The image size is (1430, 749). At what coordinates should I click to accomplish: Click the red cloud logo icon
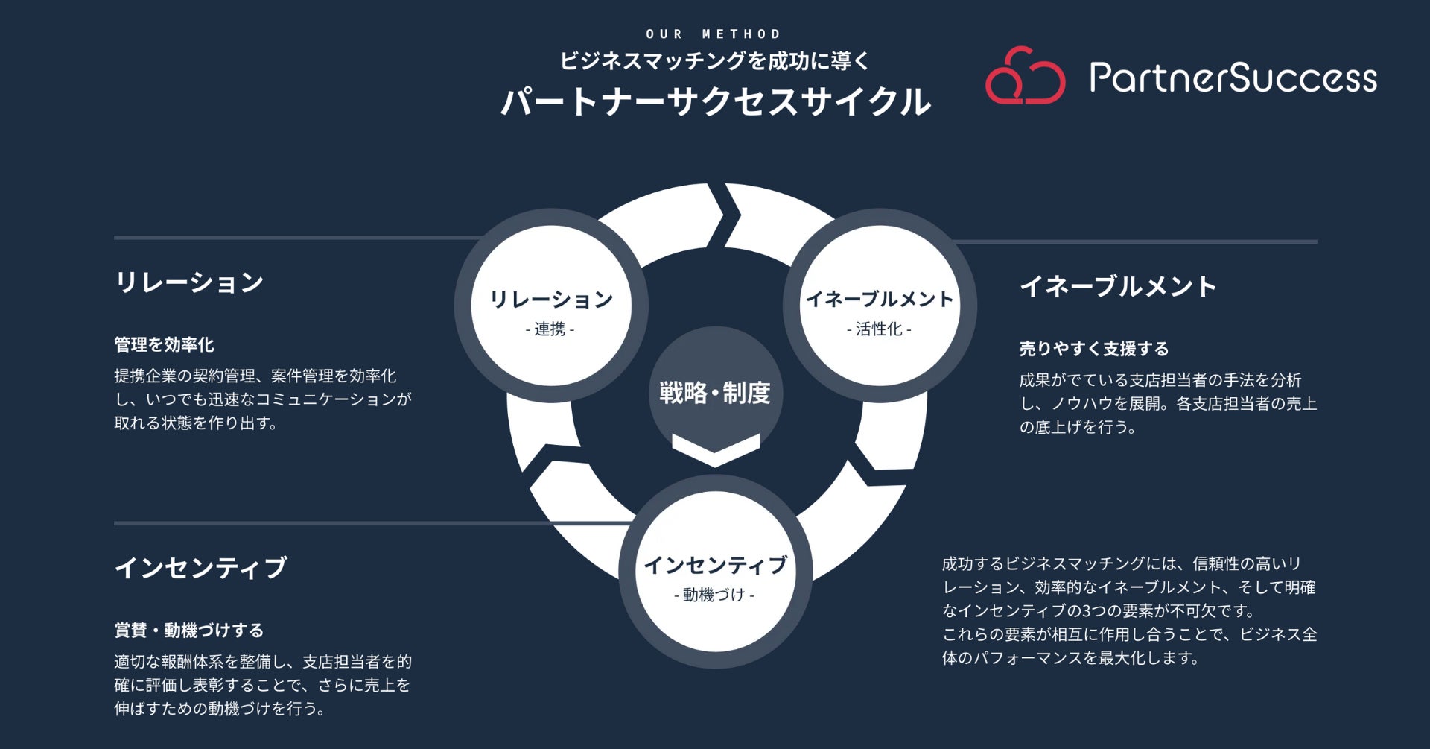(x=1025, y=77)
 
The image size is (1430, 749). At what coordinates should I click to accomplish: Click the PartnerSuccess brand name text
(x=1233, y=78)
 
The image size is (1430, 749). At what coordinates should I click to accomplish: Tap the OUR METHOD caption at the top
(x=714, y=34)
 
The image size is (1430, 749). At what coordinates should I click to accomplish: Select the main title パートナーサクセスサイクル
(x=715, y=101)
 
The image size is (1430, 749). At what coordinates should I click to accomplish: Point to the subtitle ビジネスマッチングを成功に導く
(x=715, y=61)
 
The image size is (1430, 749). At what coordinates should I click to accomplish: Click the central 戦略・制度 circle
(x=715, y=391)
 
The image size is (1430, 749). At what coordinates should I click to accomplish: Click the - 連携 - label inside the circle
(x=550, y=329)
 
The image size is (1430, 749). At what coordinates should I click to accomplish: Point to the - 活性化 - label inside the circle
(x=879, y=329)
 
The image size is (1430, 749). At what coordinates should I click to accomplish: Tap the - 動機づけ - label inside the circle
(x=714, y=595)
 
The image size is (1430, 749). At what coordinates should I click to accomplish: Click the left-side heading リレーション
(x=189, y=282)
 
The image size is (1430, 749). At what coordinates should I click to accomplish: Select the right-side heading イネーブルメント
(x=1117, y=286)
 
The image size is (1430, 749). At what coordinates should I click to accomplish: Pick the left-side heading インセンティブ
(x=200, y=568)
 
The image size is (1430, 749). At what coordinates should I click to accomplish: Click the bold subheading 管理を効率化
(x=164, y=344)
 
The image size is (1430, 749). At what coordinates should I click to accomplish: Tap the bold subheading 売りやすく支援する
(x=1093, y=348)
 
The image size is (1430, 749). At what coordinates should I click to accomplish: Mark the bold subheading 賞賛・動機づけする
(x=188, y=631)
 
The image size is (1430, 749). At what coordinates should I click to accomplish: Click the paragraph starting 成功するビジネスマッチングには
(x=1128, y=610)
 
